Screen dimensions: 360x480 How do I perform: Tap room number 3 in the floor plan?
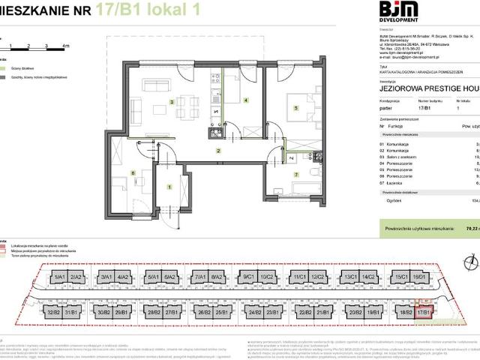pos(172,101)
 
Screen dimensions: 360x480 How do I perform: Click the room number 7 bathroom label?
pos(295,175)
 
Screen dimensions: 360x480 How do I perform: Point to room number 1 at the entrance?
pos(169,187)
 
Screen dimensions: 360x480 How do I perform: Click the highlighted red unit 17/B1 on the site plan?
pos(424,311)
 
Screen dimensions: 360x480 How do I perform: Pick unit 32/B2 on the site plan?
pos(53,311)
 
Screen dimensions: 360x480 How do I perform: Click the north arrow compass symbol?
pos(469,261)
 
